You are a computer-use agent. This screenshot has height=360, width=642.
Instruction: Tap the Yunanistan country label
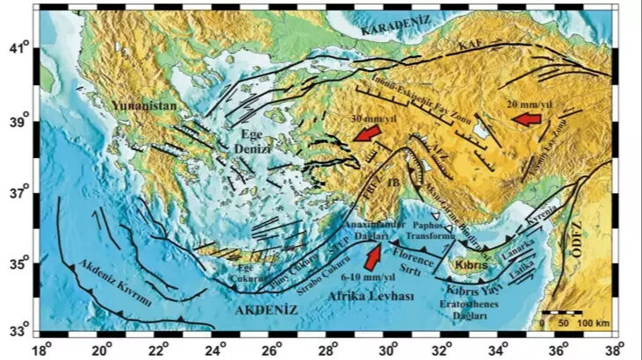145,106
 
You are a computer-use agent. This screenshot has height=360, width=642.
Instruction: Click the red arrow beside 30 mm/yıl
368,133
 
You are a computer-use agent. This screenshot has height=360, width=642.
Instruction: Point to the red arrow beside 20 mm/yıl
527,119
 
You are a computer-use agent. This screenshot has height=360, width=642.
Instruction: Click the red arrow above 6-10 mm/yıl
373,255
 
